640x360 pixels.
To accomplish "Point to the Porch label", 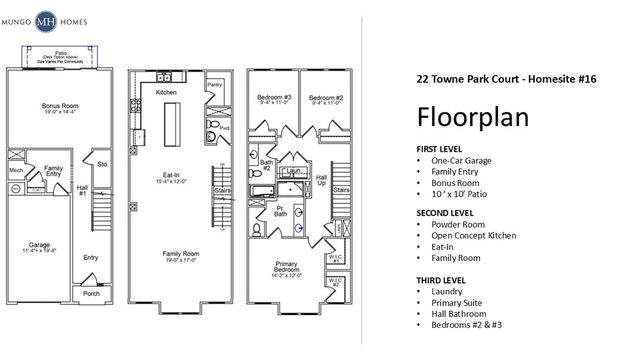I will tap(91, 294).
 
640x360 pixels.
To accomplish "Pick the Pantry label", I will tap(212, 87).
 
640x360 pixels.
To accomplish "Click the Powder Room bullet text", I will tap(460, 224).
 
